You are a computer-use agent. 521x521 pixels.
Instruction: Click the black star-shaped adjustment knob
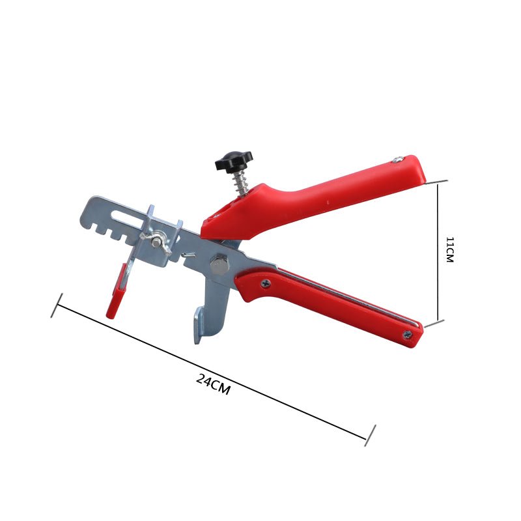point(234,161)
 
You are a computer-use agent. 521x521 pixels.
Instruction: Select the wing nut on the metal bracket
point(156,242)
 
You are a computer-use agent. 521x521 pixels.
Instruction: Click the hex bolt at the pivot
point(219,264)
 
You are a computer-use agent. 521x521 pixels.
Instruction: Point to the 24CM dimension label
point(213,384)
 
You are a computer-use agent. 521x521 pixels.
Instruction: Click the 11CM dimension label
point(449,250)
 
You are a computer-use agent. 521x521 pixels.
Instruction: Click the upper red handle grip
point(313,199)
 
